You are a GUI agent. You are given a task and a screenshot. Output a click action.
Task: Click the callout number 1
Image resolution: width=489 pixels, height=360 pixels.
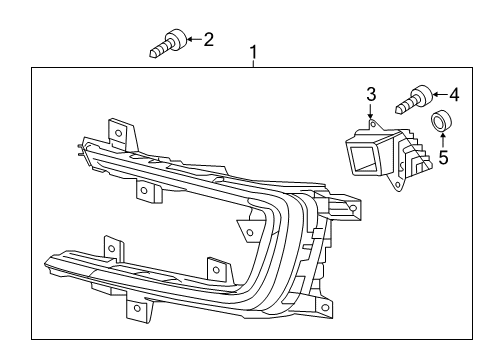[x=254, y=52]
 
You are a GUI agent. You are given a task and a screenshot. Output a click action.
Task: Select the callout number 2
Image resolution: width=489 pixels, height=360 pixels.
[x=208, y=39]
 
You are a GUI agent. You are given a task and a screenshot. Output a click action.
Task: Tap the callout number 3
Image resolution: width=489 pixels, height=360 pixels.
[x=371, y=94]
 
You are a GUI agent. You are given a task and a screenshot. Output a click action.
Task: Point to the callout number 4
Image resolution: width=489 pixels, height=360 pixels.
[x=454, y=95]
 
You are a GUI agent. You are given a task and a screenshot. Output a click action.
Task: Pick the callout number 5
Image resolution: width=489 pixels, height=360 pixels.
[x=443, y=157]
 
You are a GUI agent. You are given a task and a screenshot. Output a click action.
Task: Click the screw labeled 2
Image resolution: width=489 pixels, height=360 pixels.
[x=168, y=44]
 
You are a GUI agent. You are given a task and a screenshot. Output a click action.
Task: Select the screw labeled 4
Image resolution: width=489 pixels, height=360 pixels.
[x=414, y=100]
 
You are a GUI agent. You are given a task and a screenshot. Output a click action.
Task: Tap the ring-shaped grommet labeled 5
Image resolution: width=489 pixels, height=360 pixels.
[x=441, y=120]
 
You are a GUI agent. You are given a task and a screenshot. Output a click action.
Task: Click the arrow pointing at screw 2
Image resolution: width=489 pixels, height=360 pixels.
[x=195, y=39]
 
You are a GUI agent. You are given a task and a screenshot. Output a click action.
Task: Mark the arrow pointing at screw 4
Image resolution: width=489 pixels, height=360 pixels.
[x=440, y=95]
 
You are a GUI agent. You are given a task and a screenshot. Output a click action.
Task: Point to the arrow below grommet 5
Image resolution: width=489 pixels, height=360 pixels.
[x=442, y=140]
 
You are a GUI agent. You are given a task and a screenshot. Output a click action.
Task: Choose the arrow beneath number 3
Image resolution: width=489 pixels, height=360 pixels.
[x=370, y=111]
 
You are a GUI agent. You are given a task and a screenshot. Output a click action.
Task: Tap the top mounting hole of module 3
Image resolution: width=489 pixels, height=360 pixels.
[x=374, y=125]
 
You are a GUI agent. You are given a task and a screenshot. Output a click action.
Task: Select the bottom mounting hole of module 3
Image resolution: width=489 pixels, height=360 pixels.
[x=398, y=184]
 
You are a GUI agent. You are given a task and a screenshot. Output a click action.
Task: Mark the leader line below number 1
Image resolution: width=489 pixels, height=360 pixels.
[x=254, y=64]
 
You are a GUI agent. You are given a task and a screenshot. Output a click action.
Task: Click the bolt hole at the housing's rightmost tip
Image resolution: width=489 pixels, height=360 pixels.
[x=353, y=208]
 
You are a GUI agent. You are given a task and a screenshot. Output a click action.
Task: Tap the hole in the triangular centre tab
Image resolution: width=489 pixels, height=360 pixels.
[x=249, y=232]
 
